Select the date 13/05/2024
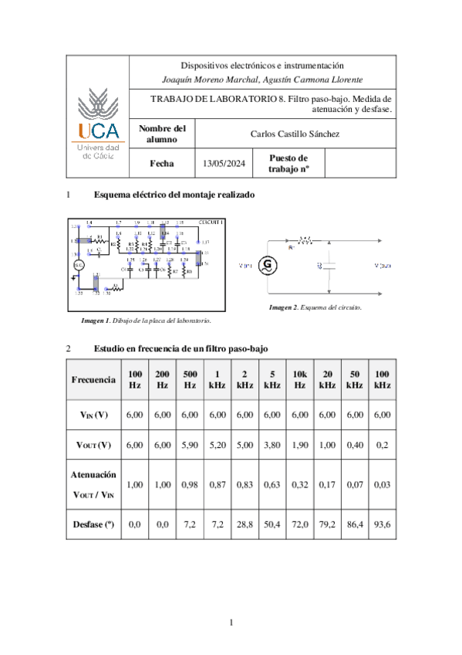(x=223, y=163)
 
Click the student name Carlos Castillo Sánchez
(x=295, y=134)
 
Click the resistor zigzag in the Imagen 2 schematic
(x=305, y=240)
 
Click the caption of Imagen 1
(x=146, y=320)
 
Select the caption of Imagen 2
(x=315, y=307)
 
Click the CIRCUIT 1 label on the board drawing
(x=210, y=222)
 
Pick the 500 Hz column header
(x=190, y=378)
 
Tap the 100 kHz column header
(x=382, y=378)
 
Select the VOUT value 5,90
(x=190, y=445)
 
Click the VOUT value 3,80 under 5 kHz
(x=271, y=445)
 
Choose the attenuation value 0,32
(x=299, y=484)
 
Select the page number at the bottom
(x=231, y=623)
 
